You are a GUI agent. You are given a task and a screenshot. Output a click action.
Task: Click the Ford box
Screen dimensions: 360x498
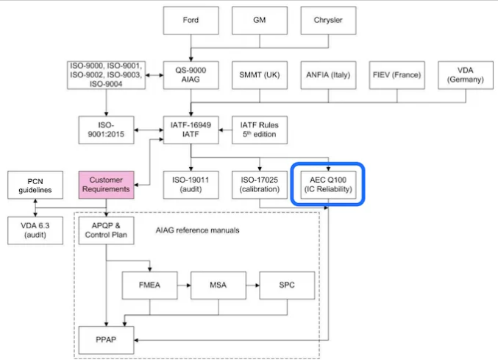point(191,21)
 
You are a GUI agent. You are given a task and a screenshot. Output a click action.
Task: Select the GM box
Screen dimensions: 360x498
point(259,21)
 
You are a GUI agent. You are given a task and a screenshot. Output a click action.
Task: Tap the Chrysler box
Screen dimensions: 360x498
point(327,21)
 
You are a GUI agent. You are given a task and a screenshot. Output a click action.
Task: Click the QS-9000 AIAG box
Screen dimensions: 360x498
point(191,74)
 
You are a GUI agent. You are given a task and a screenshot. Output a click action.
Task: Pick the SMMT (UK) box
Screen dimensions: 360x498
point(259,74)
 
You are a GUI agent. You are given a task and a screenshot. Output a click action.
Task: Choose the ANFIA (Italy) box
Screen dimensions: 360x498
point(327,74)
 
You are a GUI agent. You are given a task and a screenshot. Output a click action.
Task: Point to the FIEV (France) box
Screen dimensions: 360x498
point(396,74)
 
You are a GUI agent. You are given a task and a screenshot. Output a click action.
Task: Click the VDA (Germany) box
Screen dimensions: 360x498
point(465,74)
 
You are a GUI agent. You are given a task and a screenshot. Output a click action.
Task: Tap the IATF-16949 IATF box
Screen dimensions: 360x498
point(191,129)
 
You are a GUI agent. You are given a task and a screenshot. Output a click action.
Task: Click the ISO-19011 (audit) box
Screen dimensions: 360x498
point(191,184)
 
